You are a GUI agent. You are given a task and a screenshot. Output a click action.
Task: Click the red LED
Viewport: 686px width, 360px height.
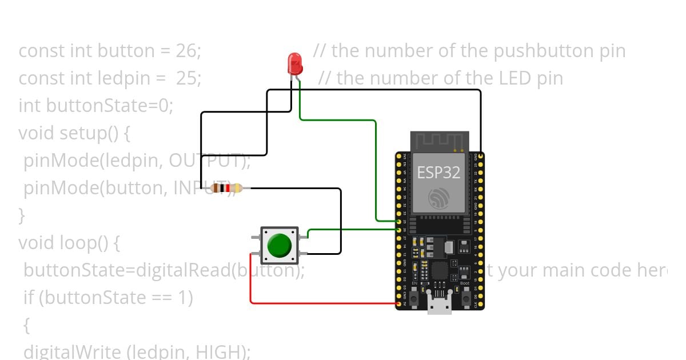[294, 62]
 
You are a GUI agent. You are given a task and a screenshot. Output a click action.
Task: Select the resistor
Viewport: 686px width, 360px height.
[226, 188]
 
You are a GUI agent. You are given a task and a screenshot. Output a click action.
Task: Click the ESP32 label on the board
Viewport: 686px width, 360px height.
[439, 172]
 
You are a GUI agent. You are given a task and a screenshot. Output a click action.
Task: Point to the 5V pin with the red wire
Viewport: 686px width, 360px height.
[398, 304]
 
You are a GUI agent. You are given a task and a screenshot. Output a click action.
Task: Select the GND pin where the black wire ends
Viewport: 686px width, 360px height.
[481, 155]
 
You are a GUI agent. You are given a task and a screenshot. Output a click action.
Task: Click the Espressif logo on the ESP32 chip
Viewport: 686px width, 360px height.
[439, 197]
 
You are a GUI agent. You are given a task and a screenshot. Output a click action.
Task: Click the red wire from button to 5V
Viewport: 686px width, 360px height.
[320, 303]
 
